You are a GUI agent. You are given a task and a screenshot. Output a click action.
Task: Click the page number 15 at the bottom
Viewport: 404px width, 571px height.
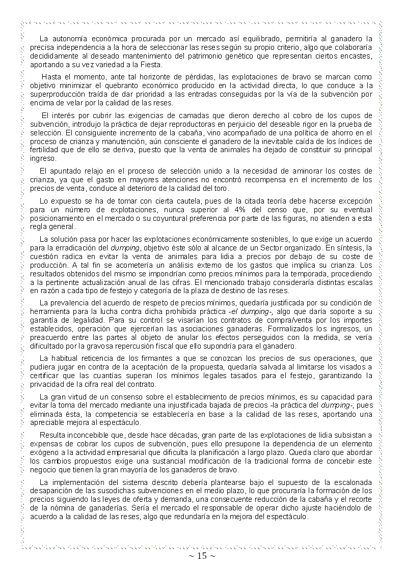pos(202,556)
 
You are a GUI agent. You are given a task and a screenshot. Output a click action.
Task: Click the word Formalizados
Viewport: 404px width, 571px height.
pos(276,329)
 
